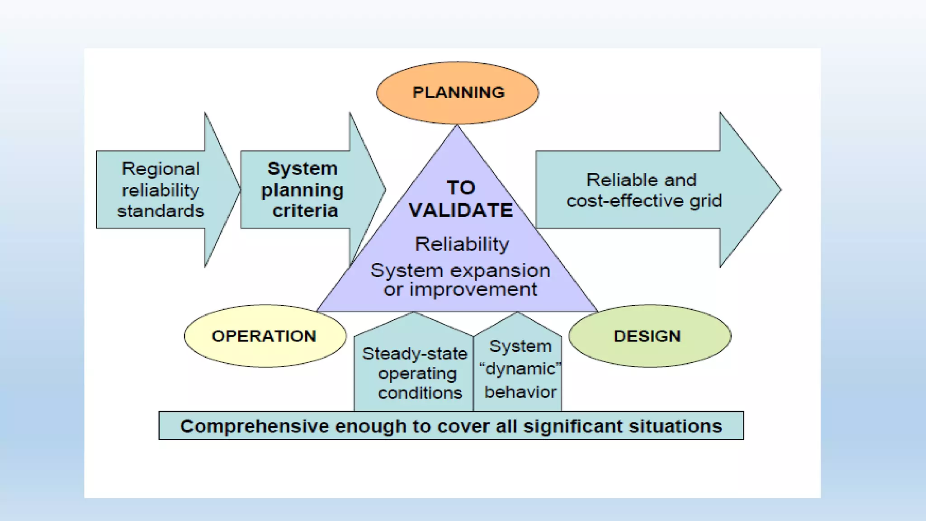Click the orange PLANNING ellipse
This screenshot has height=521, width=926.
[x=458, y=93]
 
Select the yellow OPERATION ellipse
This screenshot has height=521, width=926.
[x=265, y=336]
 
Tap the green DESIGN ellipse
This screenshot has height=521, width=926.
[x=649, y=336]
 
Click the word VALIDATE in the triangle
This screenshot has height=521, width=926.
[x=461, y=211]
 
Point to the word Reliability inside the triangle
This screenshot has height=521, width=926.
[x=462, y=244]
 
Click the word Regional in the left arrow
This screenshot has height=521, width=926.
[x=161, y=169]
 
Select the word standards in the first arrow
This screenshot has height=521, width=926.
[x=161, y=211]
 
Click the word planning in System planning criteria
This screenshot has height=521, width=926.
[x=302, y=190]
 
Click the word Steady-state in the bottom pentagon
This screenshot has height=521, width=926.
[x=415, y=354]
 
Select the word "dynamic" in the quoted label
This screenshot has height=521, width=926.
[x=520, y=369]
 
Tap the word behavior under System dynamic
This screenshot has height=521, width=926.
[x=520, y=392]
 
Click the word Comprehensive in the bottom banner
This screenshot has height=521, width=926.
[x=254, y=426]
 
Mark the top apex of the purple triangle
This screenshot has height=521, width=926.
[x=457, y=127]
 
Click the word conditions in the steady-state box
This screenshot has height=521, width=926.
[x=420, y=393]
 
